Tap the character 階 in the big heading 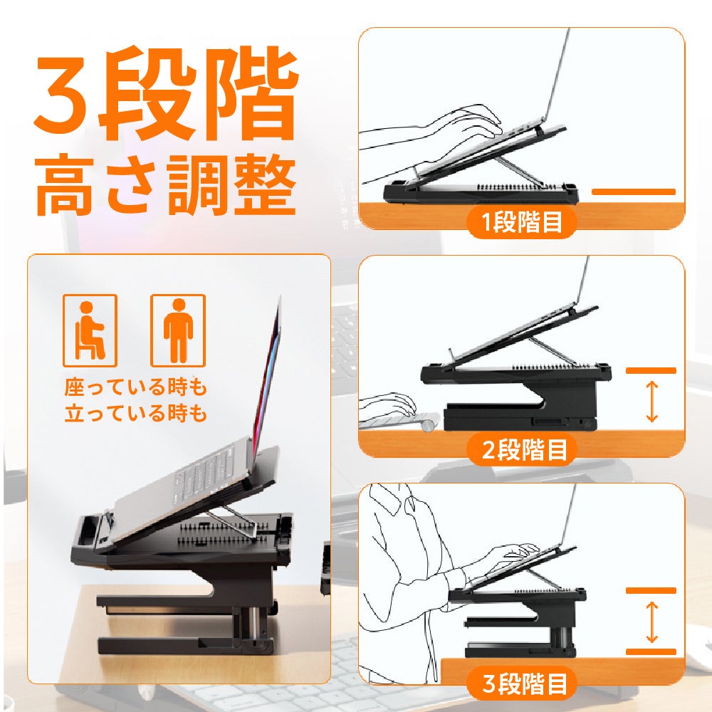click(255, 93)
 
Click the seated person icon click(90, 330)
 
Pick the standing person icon click(178, 330)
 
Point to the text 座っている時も click(135, 387)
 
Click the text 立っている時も click(135, 413)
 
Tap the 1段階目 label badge click(522, 222)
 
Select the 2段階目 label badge click(522, 449)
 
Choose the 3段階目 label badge click(522, 683)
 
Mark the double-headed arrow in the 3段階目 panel click(651, 622)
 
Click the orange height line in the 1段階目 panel click(634, 192)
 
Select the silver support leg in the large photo click(231, 520)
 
